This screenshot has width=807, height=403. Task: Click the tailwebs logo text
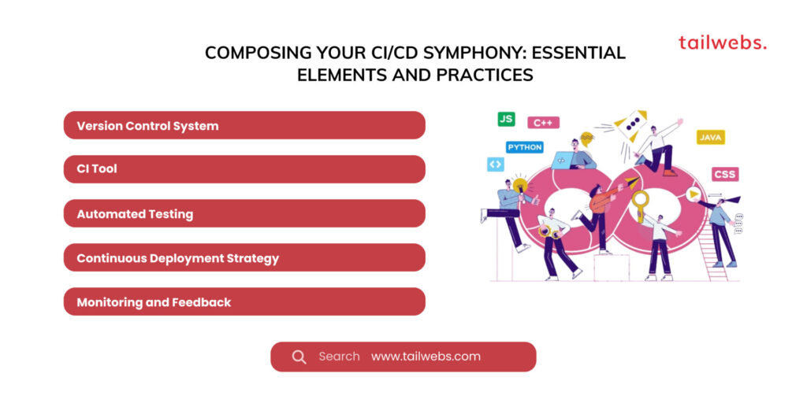723,43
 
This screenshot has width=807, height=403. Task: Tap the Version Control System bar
244,125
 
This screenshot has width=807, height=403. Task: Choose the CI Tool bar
244,169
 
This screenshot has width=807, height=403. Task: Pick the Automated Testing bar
244,213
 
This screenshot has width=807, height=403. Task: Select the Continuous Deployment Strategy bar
244,257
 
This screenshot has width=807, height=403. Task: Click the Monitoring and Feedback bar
244,301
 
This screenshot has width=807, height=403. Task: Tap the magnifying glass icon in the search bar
299,357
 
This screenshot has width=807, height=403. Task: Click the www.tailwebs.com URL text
426,357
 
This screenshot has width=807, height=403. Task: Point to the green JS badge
506,120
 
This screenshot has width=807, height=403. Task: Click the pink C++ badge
543,123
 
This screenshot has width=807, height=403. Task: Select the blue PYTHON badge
524,147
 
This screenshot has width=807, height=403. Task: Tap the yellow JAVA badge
711,137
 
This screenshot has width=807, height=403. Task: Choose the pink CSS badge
725,174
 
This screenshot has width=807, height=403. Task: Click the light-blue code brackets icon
495,165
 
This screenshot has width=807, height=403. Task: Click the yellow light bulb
520,185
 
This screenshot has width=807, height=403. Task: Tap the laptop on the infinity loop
563,160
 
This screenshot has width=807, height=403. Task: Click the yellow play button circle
694,194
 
